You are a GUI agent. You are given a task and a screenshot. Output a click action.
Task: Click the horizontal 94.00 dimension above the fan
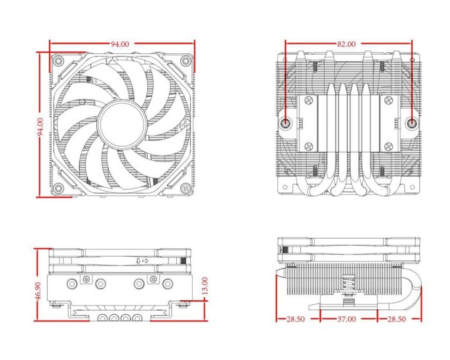(x=120, y=44)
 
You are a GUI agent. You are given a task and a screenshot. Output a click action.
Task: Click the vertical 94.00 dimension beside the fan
(x=40, y=127)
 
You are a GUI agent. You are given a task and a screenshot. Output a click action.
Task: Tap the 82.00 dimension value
(x=345, y=44)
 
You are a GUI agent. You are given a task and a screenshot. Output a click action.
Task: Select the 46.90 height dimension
(x=38, y=291)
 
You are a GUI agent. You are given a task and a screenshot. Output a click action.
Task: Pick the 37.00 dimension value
(x=347, y=319)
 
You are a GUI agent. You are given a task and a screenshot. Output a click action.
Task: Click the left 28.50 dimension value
(x=295, y=319)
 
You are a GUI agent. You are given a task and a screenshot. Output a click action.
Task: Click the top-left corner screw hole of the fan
(x=59, y=61)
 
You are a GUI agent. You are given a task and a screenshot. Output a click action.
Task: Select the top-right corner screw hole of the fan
(x=185, y=61)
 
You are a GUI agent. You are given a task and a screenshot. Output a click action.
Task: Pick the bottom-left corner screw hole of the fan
(x=59, y=188)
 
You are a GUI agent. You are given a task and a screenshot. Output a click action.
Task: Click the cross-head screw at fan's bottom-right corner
(x=185, y=188)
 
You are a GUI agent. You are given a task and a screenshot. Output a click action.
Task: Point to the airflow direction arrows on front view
(x=142, y=260)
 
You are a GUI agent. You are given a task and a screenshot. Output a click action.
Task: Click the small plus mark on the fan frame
(x=186, y=123)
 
